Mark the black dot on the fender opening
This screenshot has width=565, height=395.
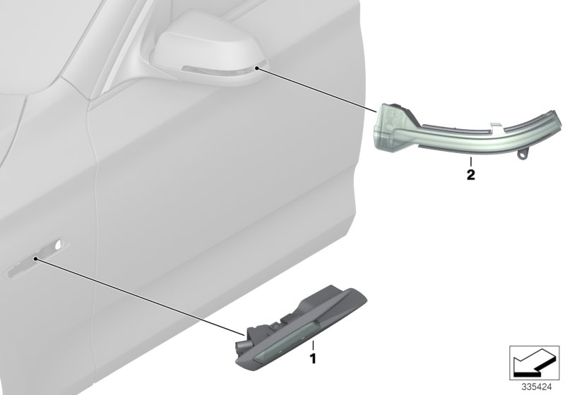click(x=35, y=260)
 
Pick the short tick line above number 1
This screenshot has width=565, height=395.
click(x=311, y=346)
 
